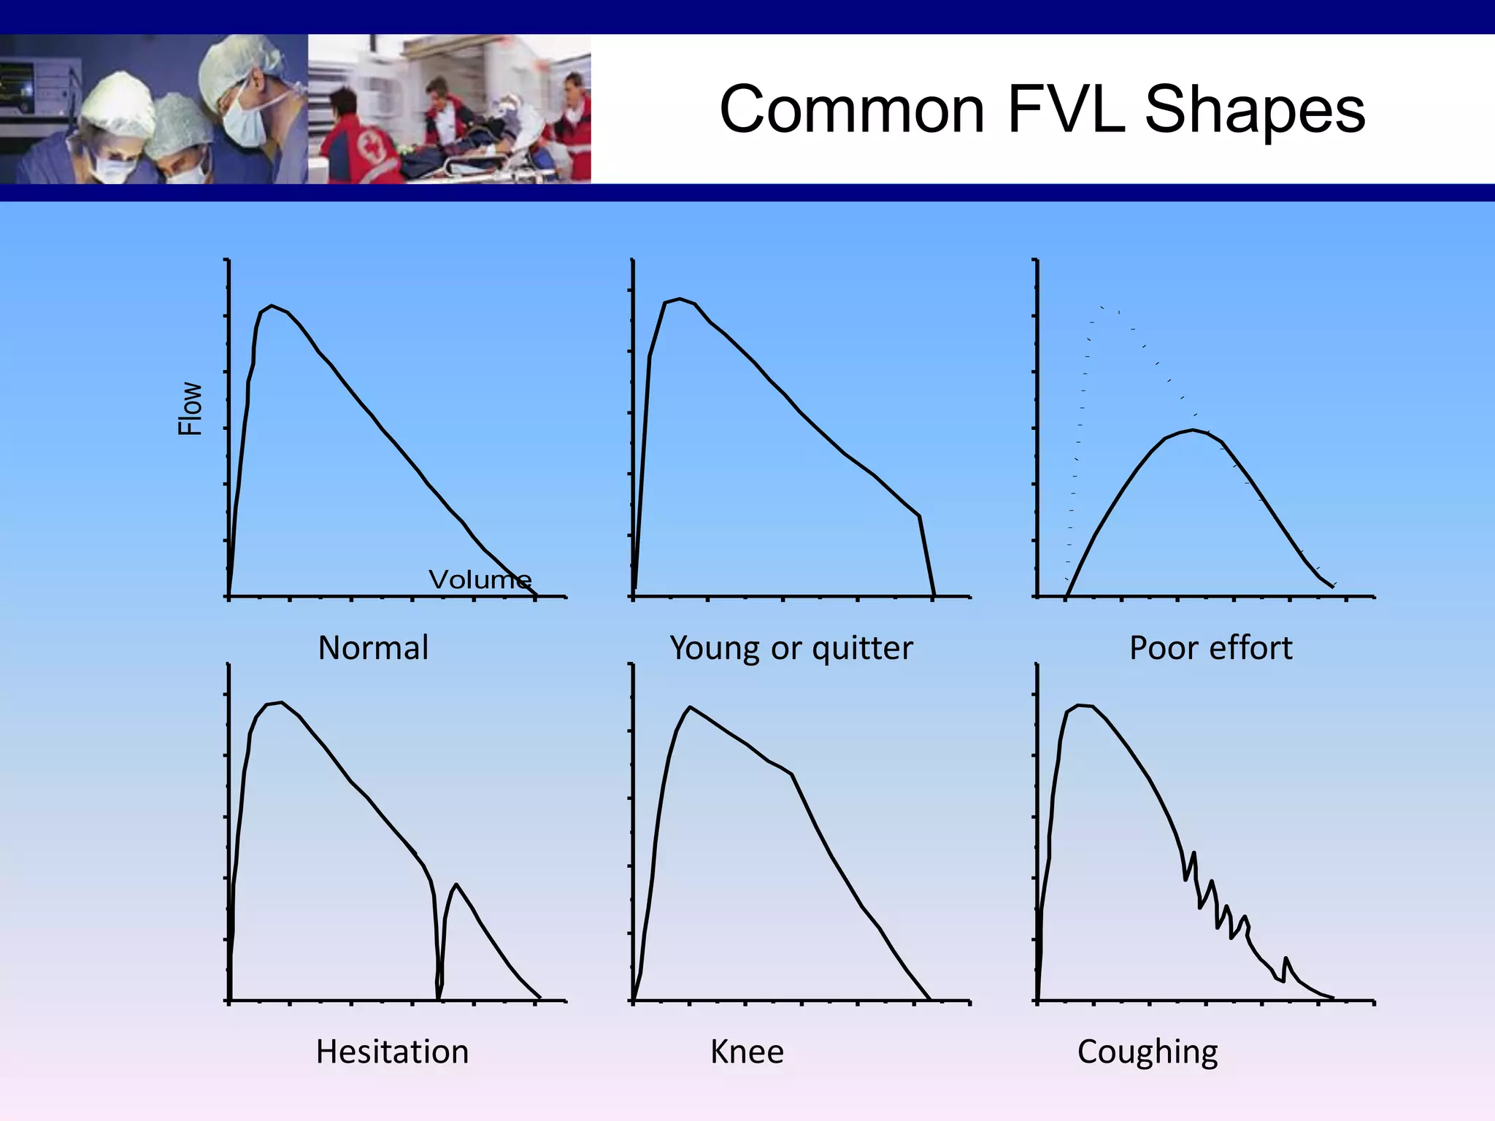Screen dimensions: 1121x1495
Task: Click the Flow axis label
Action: (x=191, y=409)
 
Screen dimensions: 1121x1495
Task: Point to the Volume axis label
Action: (x=480, y=579)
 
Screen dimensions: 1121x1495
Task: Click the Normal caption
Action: (x=373, y=648)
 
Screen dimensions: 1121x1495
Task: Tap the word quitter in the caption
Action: (x=862, y=648)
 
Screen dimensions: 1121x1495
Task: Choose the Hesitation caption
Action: (x=392, y=1052)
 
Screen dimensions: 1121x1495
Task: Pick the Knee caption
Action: (x=747, y=1052)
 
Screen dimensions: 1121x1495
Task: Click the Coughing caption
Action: (x=1148, y=1052)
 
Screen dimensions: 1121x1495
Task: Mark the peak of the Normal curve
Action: (x=272, y=306)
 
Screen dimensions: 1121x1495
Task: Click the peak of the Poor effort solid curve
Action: (x=1193, y=430)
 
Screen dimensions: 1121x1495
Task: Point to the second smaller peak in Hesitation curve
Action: (x=456, y=885)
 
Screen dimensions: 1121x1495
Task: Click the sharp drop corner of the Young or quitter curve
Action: (x=919, y=516)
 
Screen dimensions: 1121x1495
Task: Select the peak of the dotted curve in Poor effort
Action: (x=1104, y=308)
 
